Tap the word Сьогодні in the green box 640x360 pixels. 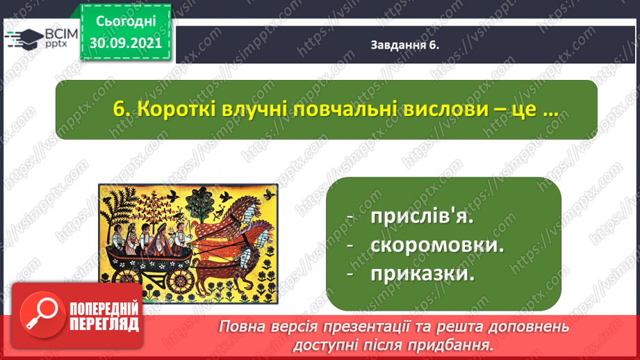(126, 22)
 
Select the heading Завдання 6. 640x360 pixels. (405, 45)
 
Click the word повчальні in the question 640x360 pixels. (346, 109)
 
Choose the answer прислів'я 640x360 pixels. (422, 216)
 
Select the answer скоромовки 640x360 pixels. (437, 245)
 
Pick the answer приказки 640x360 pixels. (422, 274)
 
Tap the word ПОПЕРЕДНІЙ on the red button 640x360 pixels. (104, 309)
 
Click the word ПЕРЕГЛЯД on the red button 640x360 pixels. (104, 325)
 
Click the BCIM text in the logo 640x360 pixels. (61, 33)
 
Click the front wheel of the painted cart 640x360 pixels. (180, 280)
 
